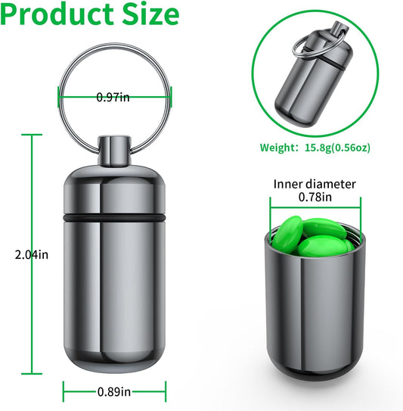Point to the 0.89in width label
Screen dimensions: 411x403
(115, 392)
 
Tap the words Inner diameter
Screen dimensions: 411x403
(315, 184)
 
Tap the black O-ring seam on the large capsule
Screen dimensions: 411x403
(115, 217)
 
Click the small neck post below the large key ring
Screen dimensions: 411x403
(115, 152)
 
